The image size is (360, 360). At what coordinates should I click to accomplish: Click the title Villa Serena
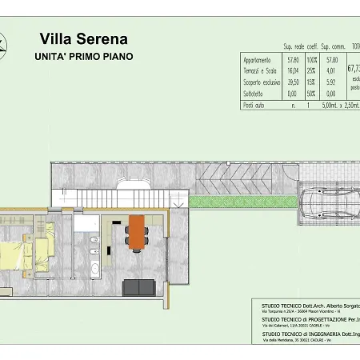pos(83,39)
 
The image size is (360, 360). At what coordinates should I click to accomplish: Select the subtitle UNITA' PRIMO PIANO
pos(83,57)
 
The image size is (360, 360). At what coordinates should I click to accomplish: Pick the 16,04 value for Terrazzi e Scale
pos(294,71)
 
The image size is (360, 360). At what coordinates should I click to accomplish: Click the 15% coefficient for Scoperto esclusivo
pos(312,82)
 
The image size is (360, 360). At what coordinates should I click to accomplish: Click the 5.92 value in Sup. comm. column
pos(331,82)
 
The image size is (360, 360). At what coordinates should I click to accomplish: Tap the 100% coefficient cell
pos(312,60)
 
